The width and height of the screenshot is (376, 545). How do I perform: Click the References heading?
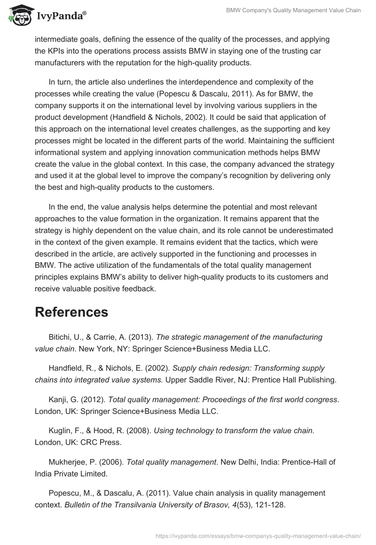[71, 312]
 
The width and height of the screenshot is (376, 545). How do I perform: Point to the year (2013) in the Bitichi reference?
[139, 337]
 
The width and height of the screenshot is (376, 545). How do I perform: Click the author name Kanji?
[58, 400]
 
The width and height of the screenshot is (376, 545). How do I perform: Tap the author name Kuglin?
[60, 431]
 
